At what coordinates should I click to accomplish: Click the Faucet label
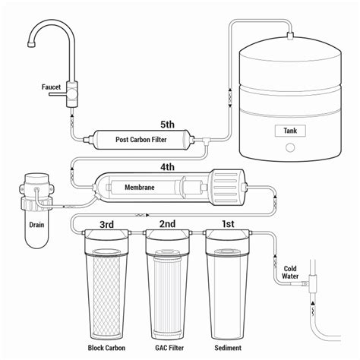click(x=51, y=87)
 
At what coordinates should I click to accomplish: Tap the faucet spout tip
click(x=31, y=44)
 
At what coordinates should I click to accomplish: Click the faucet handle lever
click(x=58, y=94)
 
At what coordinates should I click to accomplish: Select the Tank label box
click(x=290, y=131)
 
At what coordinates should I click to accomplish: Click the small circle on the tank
click(x=290, y=147)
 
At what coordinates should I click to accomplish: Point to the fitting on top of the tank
click(x=290, y=36)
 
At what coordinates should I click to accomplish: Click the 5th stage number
click(x=167, y=125)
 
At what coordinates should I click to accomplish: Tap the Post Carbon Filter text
click(x=141, y=140)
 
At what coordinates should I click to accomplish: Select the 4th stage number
click(x=167, y=167)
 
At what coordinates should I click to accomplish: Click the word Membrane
click(x=140, y=188)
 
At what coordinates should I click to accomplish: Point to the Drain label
click(x=36, y=225)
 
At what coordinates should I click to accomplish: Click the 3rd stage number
click(x=106, y=224)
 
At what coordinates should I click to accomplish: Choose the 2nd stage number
click(x=167, y=224)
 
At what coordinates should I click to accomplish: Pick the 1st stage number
click(x=228, y=224)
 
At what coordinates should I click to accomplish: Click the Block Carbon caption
click(x=106, y=348)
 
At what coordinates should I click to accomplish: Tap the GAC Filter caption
click(x=169, y=348)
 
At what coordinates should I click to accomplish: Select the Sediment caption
click(x=228, y=348)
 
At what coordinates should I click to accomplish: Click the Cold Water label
click(x=290, y=273)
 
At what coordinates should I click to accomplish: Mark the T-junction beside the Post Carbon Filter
click(x=206, y=140)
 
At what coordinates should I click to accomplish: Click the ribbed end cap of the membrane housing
click(x=226, y=187)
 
